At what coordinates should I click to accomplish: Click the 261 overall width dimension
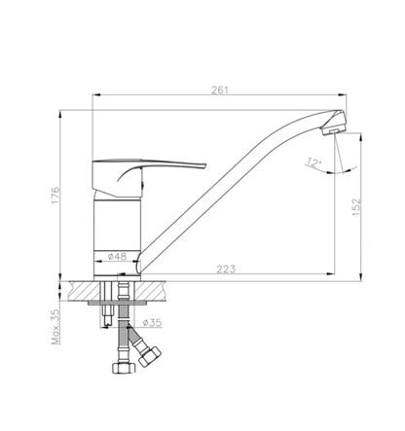[x=220, y=90]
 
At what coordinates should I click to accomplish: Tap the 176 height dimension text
[x=55, y=196]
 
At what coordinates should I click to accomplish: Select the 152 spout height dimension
[x=356, y=207]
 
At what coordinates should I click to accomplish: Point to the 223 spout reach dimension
[x=226, y=269]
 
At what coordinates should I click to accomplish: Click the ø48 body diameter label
[x=117, y=256]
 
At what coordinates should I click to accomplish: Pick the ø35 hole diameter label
[x=152, y=322]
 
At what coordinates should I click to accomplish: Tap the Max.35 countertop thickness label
[x=55, y=326]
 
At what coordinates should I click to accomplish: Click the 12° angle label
[x=313, y=162]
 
